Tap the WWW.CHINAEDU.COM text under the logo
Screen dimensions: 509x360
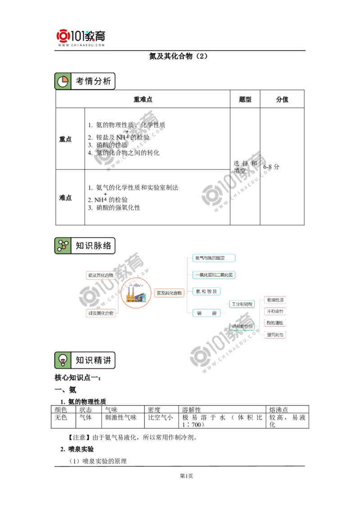tap(81, 45)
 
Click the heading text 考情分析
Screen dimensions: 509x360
tap(93, 81)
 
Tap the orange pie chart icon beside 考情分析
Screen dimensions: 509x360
tap(63, 81)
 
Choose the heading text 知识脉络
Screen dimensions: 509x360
tap(93, 246)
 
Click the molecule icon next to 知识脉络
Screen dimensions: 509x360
tap(63, 246)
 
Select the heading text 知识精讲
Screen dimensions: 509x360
tap(93, 360)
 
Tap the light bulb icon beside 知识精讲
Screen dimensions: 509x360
tap(63, 360)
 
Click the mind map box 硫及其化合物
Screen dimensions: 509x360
tap(101, 275)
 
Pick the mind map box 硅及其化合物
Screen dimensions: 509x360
tap(101, 313)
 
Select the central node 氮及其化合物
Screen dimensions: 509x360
tap(169, 293)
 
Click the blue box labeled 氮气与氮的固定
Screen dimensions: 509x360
tap(214, 258)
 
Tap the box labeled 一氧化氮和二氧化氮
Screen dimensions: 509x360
tap(214, 275)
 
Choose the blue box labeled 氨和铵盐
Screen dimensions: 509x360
tap(206, 291)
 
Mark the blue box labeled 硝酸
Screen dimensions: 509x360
tap(206, 313)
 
